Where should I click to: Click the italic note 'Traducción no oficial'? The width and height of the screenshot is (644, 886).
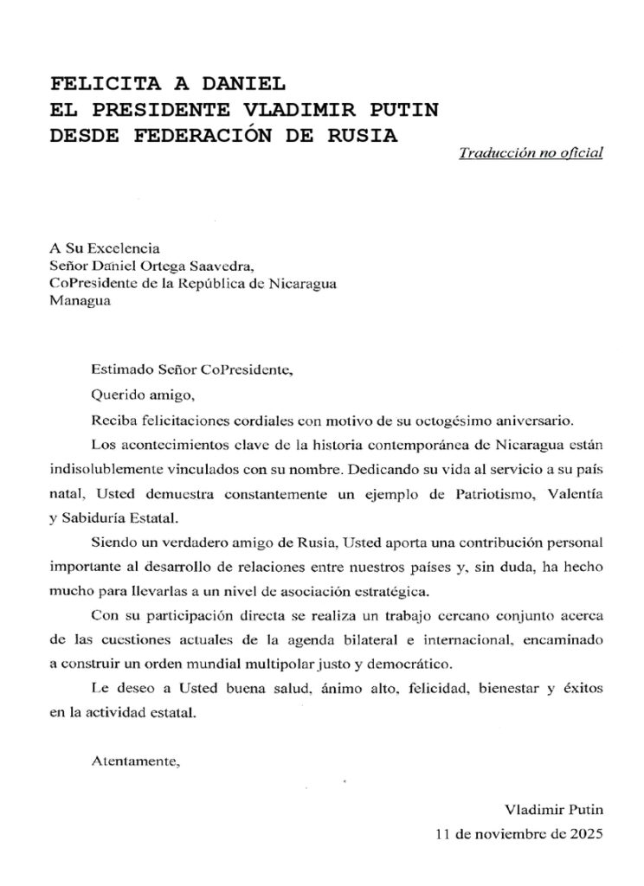[531, 153]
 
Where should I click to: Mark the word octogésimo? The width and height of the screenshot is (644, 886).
[453, 421]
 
